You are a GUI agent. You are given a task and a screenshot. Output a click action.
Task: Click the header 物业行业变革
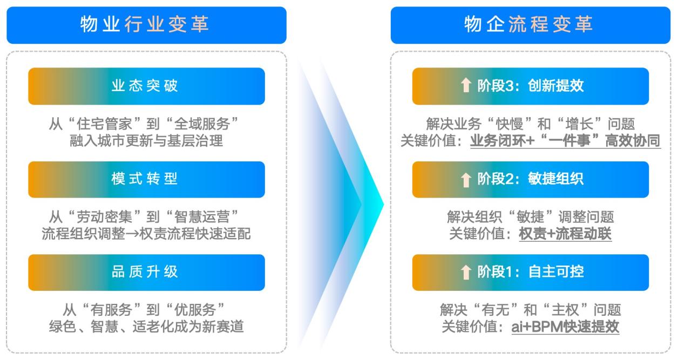click(146, 25)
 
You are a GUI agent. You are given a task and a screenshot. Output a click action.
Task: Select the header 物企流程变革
click(530, 25)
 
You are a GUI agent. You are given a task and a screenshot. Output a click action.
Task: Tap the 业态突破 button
click(146, 86)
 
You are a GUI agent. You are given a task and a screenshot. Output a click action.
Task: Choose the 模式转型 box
click(146, 179)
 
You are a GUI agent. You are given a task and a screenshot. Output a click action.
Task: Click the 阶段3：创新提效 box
click(530, 86)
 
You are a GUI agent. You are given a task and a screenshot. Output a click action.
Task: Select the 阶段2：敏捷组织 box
click(530, 179)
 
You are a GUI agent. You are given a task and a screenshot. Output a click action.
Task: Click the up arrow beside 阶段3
click(466, 86)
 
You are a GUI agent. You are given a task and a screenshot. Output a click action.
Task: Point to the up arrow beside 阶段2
click(466, 179)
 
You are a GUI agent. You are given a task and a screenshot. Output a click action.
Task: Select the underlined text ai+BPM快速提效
click(565, 327)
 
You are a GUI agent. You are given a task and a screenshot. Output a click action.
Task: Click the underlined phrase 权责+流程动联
click(565, 234)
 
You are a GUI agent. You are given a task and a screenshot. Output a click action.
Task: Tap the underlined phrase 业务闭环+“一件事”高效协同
click(565, 141)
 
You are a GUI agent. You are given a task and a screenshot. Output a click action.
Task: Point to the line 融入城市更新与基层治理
click(146, 141)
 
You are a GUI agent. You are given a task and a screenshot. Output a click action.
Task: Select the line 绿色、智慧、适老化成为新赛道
click(146, 327)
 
